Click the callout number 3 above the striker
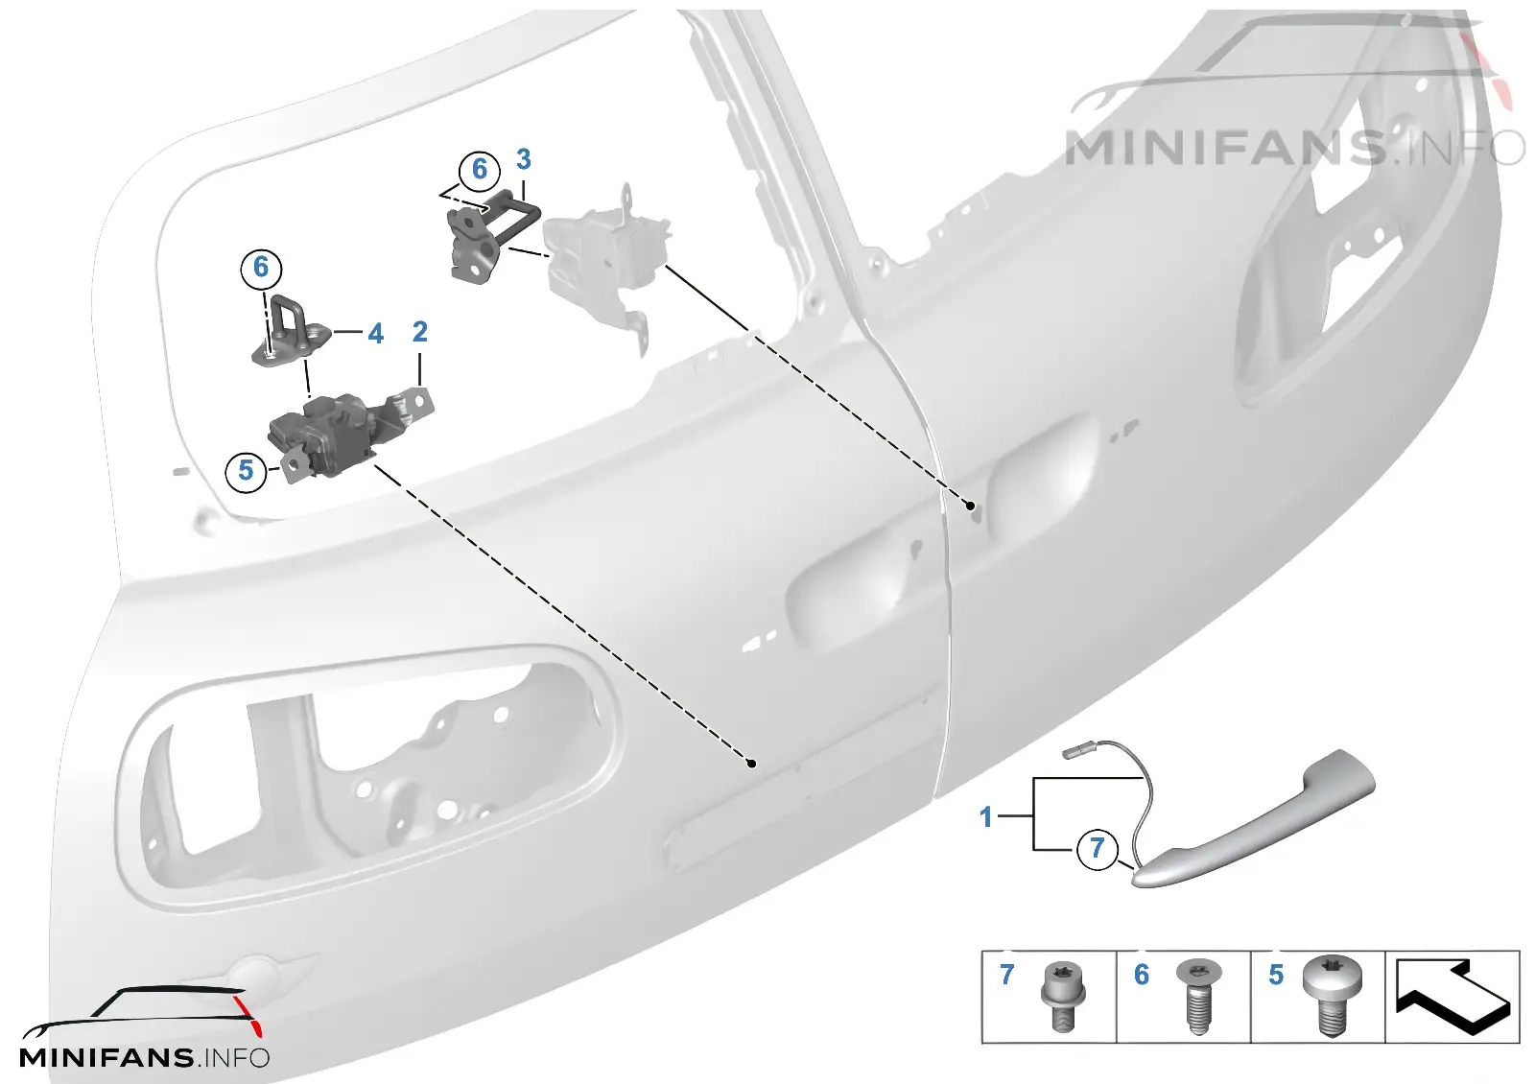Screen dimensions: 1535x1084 click(523, 159)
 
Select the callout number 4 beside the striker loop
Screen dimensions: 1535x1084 click(375, 334)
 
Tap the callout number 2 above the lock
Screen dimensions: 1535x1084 click(419, 332)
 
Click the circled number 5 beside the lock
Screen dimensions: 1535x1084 click(246, 471)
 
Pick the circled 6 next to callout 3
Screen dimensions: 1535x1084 click(479, 169)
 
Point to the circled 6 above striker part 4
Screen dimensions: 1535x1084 click(261, 268)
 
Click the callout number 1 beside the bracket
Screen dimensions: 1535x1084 click(986, 816)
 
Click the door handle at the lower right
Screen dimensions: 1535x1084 click(1254, 822)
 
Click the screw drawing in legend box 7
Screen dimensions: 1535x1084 click(1063, 997)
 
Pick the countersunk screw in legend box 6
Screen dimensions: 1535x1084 click(1198, 996)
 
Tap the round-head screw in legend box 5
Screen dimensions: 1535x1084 click(1333, 996)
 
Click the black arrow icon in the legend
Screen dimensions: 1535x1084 click(1452, 998)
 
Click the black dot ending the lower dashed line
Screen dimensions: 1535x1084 click(752, 764)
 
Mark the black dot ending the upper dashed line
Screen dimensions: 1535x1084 click(970, 506)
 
